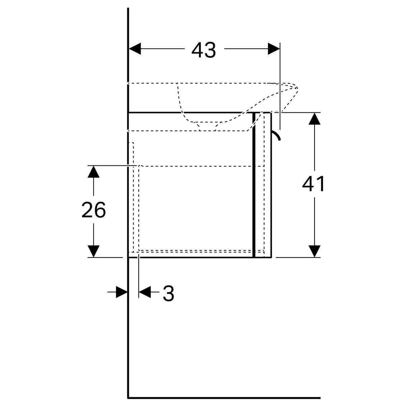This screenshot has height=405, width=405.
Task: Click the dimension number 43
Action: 204,50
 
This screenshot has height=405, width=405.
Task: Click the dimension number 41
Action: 313,184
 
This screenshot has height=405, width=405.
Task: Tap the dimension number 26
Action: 93,210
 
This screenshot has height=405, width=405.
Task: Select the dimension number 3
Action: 168,294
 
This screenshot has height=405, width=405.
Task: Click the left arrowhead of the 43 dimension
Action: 135,49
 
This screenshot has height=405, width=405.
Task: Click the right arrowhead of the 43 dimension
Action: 274,49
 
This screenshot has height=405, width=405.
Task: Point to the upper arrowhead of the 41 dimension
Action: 315,118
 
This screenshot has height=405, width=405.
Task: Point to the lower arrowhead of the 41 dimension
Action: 315,251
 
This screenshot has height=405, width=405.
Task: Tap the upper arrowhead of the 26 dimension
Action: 93,171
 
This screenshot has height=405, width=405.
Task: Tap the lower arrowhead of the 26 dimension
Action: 93,251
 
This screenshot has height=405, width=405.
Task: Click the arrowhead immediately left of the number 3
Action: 145,292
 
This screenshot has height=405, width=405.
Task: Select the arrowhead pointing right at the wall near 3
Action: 122,292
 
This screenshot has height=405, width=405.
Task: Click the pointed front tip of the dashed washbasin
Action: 298,88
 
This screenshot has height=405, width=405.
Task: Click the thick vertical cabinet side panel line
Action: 254,185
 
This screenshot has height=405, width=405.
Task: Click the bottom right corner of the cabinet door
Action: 271,257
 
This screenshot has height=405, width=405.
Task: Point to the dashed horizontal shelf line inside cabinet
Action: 201,166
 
